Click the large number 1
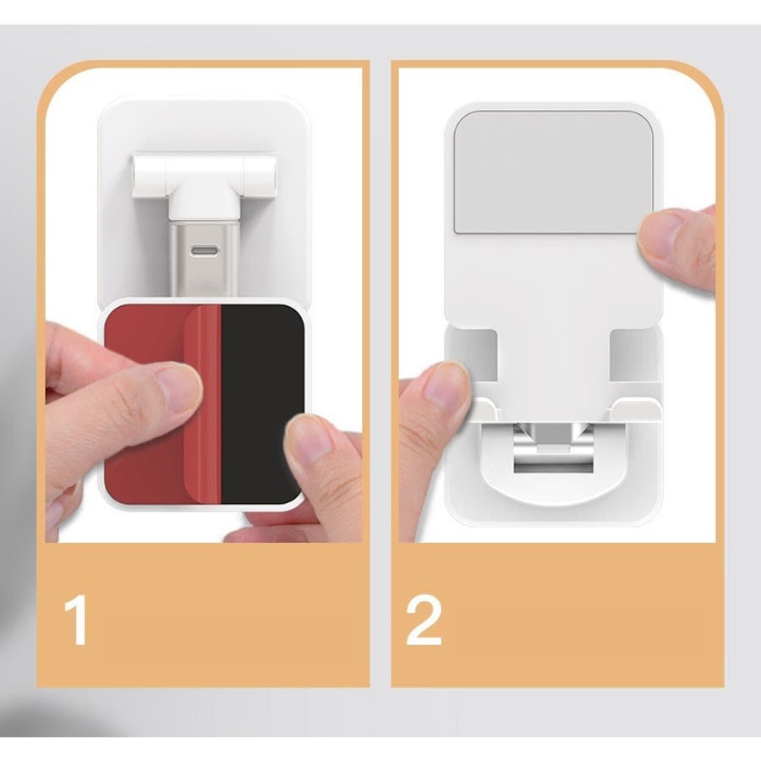click(76, 620)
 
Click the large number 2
click(424, 621)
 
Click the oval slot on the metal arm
click(205, 251)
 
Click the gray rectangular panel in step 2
click(552, 172)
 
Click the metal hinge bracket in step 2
click(553, 447)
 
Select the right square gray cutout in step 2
click(633, 354)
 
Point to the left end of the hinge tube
click(135, 177)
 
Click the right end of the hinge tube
click(273, 177)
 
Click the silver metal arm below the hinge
click(204, 260)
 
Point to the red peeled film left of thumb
click(145, 340)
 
